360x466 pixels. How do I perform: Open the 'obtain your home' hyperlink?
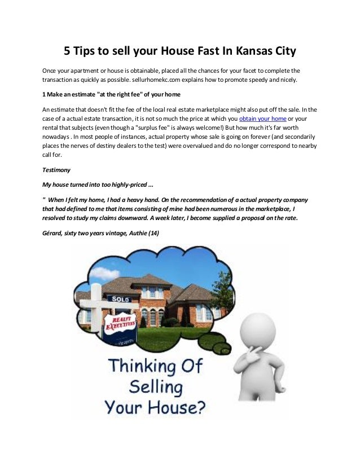pyautogui.click(x=262, y=120)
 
